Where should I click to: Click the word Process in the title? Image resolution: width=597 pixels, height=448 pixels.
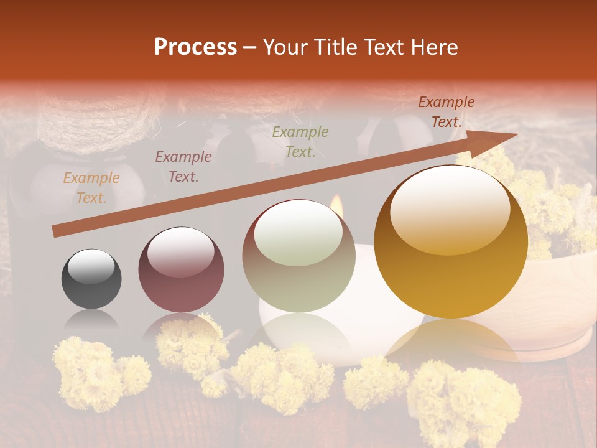(195, 47)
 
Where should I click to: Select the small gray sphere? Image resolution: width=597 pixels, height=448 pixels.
(91, 279)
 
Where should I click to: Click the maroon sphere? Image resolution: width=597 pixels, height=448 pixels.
(181, 269)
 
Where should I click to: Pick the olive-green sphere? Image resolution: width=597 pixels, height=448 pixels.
(298, 256)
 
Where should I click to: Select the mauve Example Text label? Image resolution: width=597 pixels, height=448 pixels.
(183, 167)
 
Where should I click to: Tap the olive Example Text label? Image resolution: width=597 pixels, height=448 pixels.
(300, 141)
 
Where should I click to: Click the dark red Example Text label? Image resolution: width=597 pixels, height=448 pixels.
(446, 112)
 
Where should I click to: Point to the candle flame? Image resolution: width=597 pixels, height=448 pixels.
(336, 206)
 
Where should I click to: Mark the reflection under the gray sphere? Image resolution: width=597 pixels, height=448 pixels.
(91, 320)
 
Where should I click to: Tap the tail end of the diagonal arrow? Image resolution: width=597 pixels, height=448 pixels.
(56, 231)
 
